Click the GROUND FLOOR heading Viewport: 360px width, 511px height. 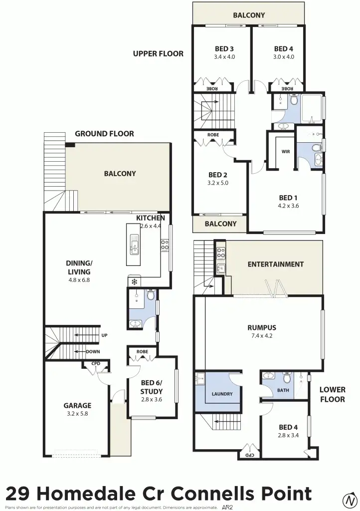(x=104, y=134)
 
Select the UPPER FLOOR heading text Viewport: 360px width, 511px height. (x=158, y=53)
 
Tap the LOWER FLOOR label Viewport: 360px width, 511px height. (x=333, y=394)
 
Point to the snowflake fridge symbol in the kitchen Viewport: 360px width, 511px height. (x=134, y=282)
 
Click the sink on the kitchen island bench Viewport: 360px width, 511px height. (x=134, y=245)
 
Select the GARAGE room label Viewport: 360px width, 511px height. (x=77, y=406)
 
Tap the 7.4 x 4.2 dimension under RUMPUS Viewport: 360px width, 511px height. (x=262, y=336)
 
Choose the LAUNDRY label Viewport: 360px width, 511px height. (x=222, y=394)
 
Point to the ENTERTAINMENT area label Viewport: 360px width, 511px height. (x=275, y=264)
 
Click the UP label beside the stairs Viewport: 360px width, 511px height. (x=104, y=335)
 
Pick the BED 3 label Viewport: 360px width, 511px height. (x=224, y=49)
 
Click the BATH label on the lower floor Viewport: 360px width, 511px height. (x=283, y=390)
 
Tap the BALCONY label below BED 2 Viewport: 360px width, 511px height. (x=221, y=224)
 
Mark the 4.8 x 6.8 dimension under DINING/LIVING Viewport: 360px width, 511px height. (x=79, y=280)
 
